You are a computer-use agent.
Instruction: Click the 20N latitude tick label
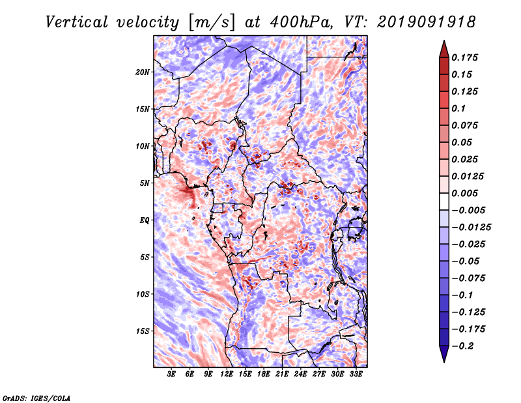[x=143, y=72]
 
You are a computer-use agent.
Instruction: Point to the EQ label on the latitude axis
[x=145, y=220]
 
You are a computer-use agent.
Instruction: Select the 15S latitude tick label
[x=143, y=331]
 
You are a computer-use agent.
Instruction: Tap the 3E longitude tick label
[x=172, y=375]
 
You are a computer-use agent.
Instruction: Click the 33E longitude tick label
[x=356, y=375]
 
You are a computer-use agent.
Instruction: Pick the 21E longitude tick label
[x=282, y=375]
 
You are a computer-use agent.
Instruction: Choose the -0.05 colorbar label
[x=468, y=261]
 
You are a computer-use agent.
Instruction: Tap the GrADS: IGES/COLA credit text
[x=36, y=397]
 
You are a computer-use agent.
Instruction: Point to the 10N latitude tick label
[x=143, y=146]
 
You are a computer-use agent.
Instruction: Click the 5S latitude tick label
[x=145, y=257]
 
